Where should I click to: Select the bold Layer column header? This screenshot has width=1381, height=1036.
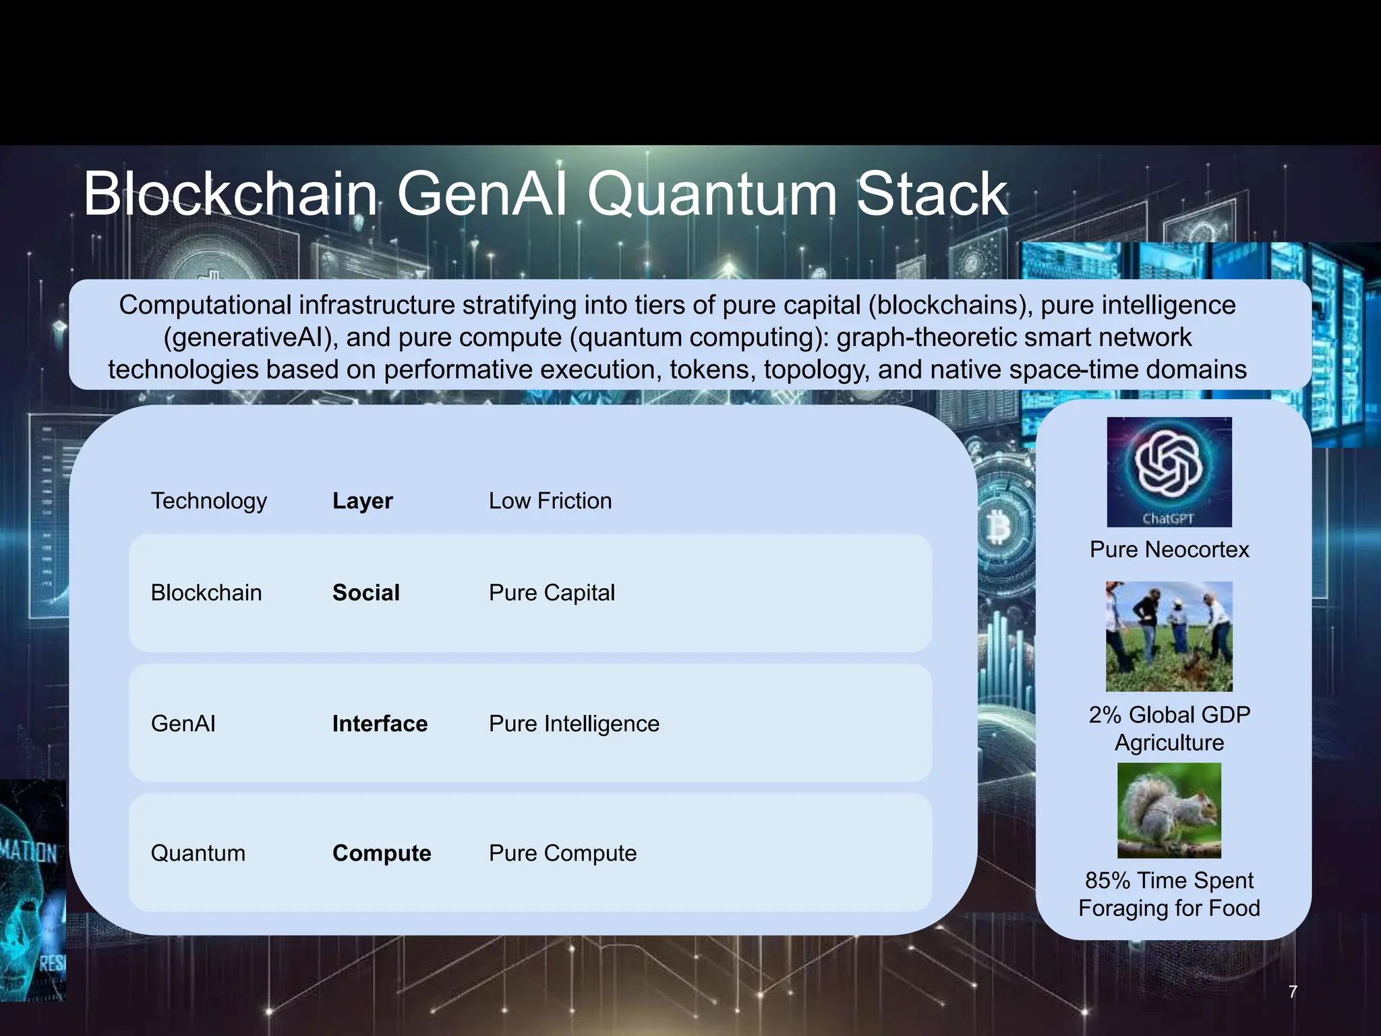point(362,501)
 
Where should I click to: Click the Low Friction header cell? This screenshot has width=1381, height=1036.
point(550,501)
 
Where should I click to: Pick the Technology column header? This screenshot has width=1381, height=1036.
point(209,501)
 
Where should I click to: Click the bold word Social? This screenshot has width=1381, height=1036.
point(366,593)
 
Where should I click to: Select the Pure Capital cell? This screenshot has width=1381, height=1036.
point(552,593)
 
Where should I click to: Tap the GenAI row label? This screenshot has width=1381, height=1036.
point(183,724)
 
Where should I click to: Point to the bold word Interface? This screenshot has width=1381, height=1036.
point(380,724)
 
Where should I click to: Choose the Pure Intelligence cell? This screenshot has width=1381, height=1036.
point(574,724)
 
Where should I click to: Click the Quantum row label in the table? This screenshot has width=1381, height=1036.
point(198,853)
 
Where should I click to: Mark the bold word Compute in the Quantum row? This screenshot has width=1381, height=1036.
point(382,853)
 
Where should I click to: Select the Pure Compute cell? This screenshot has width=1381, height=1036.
point(562,853)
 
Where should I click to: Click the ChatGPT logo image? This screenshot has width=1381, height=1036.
point(1169,471)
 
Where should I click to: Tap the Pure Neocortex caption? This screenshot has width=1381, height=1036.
point(1169,550)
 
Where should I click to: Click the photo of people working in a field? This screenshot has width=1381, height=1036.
point(1169,636)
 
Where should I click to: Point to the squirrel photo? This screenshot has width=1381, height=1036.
point(1169,810)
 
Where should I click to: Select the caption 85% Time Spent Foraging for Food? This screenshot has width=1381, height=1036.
point(1169,894)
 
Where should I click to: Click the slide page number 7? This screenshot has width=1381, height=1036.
point(1293,991)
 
